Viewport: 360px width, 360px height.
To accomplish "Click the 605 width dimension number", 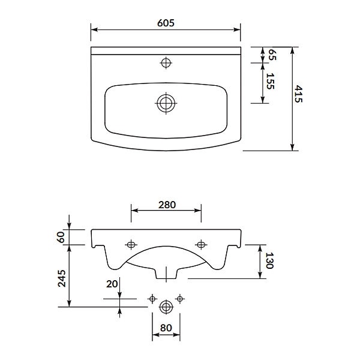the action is pos(166,23).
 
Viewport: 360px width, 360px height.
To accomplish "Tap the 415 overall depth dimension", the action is pos(298,94).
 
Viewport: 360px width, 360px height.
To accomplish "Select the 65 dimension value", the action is pos(272,55).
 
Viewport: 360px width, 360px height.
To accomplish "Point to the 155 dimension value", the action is pos(270,81).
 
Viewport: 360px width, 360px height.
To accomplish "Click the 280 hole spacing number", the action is pos(167,205).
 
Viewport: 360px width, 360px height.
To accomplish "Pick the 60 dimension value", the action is pos(61,237).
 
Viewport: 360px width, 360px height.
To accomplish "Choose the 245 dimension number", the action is pos(62,278).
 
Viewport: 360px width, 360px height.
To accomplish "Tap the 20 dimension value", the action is pos(112,284).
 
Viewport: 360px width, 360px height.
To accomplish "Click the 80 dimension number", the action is pos(166,328).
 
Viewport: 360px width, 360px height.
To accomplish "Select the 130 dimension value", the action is pos(269,260).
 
